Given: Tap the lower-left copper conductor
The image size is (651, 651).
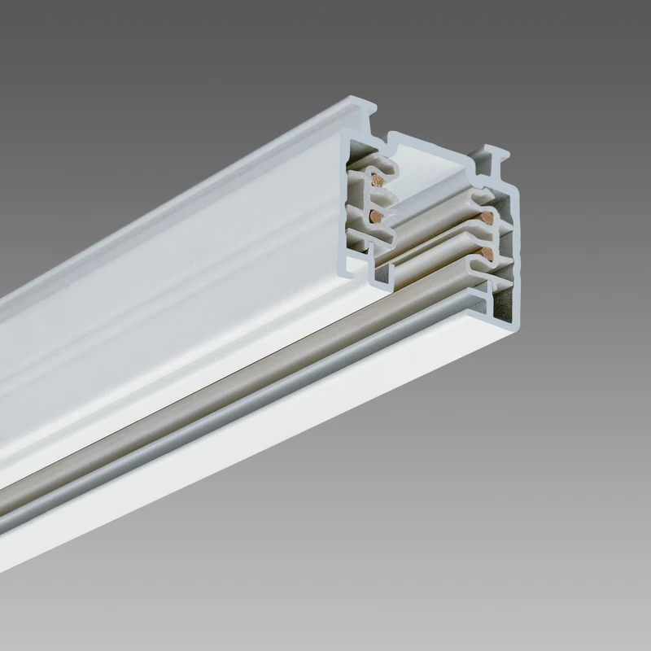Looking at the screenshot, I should tap(375, 216).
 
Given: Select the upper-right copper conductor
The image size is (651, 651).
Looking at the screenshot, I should tap(487, 217).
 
